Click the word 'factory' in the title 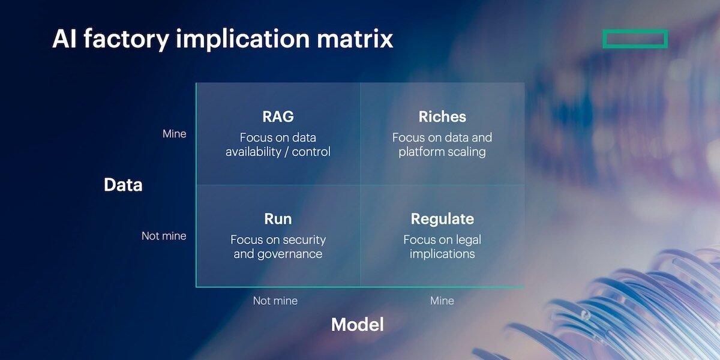(123, 39)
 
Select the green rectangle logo (635, 39)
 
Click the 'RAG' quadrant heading (278, 116)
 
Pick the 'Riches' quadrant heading (442, 116)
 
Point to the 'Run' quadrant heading (278, 218)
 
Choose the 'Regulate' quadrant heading (442, 218)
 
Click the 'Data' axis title (123, 185)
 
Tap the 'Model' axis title (357, 325)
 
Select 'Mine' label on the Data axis (174, 134)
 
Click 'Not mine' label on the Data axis (164, 236)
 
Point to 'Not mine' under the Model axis (275, 301)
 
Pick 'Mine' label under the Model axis (442, 301)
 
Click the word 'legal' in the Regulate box (466, 239)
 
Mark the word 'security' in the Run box (304, 239)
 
